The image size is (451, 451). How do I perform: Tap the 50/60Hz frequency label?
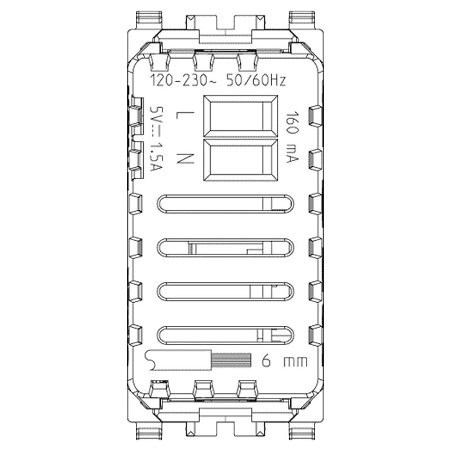[x=255, y=81]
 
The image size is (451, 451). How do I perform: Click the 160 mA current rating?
[x=291, y=137]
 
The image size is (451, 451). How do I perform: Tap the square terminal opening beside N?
[x=240, y=161]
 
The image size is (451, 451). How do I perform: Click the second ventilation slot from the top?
[x=224, y=247]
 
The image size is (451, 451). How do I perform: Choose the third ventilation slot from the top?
[x=224, y=291]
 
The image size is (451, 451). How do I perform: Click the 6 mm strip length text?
[x=284, y=361]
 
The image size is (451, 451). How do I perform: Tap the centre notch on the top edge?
[x=224, y=25]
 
